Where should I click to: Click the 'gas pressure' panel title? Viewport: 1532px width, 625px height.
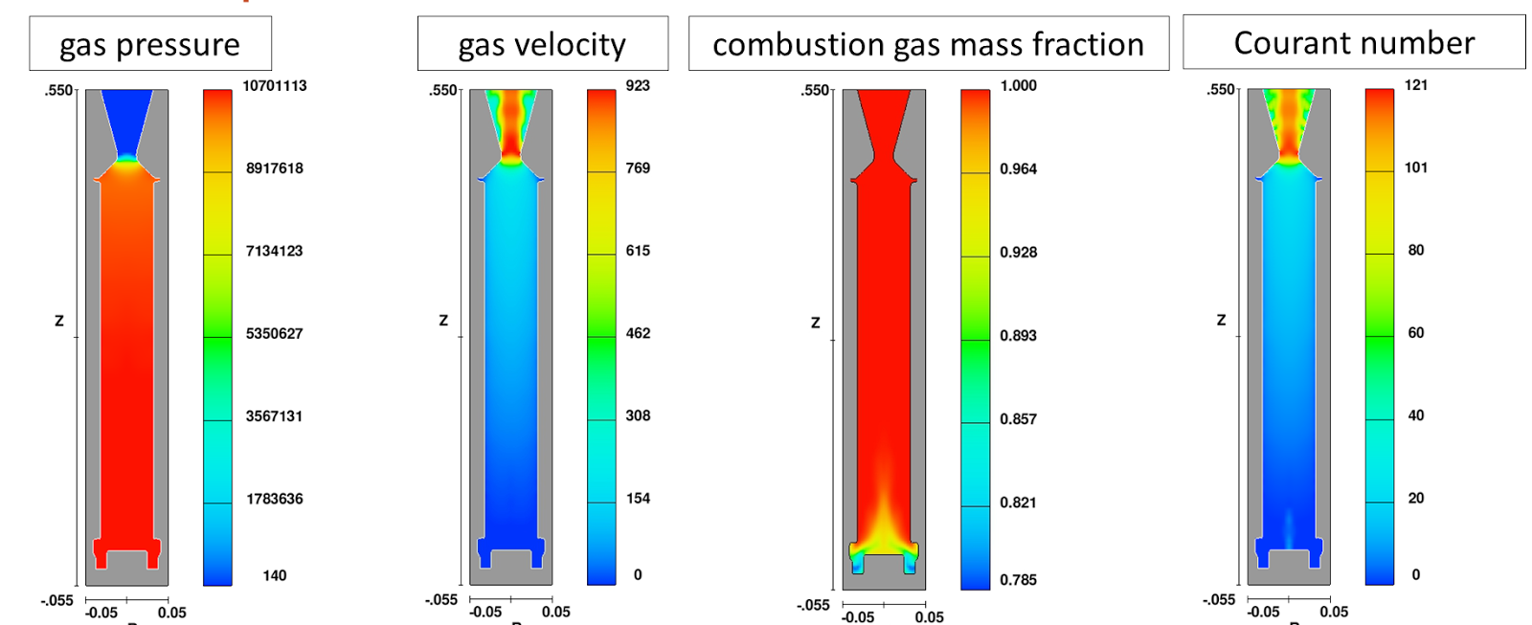[x=149, y=44]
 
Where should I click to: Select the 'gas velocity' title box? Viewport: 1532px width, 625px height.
[x=542, y=44]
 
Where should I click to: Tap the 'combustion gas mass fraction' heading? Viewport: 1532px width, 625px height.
[x=928, y=44]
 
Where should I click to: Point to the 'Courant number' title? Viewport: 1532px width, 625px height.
[x=1354, y=42]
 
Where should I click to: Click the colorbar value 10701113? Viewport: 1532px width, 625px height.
[x=275, y=86]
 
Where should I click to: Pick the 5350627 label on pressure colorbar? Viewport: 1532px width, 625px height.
[x=274, y=334]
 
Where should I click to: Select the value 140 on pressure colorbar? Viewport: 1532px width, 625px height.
[x=275, y=575]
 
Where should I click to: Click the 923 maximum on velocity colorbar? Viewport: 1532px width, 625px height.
[x=638, y=86]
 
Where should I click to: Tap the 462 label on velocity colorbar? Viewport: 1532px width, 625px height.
[x=638, y=333]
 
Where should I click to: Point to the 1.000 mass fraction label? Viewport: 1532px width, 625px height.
[x=1018, y=86]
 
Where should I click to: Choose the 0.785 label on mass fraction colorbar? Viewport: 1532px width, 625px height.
[x=1018, y=580]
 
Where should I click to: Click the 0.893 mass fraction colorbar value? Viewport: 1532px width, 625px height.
[x=1018, y=336]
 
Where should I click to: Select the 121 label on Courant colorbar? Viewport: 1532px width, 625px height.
[x=1416, y=85]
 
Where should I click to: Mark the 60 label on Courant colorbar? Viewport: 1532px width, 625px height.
[x=1416, y=333]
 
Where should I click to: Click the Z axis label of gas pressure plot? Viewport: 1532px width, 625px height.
[x=59, y=321]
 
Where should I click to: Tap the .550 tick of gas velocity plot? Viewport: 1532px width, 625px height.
[x=443, y=91]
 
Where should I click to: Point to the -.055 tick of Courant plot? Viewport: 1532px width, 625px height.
[x=1218, y=600]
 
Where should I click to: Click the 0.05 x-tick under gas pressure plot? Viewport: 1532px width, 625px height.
[x=172, y=613]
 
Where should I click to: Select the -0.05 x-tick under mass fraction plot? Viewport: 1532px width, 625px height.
[x=858, y=617]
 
